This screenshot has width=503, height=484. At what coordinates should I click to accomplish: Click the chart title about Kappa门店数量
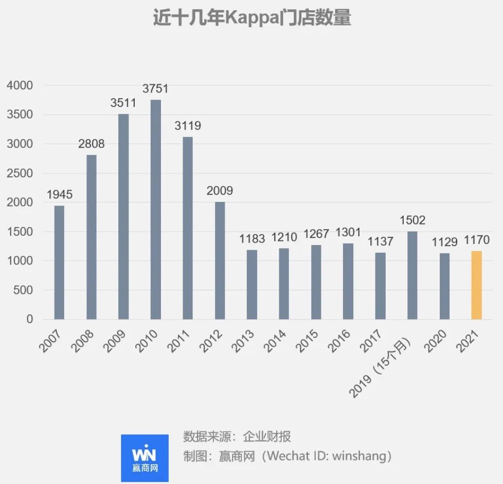[x=251, y=19]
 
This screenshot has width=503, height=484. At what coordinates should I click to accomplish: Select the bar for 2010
[x=155, y=210]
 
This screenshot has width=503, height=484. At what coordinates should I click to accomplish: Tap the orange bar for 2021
[x=476, y=285]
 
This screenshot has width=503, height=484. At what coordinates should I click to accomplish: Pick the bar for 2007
[x=59, y=263]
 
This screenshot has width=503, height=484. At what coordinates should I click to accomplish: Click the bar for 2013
[x=251, y=285]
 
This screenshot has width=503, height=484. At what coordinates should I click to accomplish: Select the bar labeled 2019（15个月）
[x=412, y=275]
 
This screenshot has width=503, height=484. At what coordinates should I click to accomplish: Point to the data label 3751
[x=155, y=89]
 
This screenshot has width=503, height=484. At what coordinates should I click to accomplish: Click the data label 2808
[x=91, y=144]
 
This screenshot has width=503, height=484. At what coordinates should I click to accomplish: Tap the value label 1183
[x=251, y=239]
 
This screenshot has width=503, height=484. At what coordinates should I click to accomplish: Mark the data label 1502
[x=412, y=220]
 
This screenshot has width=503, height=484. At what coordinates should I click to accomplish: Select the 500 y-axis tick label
[x=23, y=290]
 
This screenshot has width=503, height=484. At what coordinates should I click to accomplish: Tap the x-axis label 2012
[x=210, y=341]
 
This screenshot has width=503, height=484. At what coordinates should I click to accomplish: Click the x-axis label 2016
[x=339, y=341]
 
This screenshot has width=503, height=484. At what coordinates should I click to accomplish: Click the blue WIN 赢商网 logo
[x=145, y=458]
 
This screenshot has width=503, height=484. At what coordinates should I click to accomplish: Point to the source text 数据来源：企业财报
[x=237, y=437]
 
